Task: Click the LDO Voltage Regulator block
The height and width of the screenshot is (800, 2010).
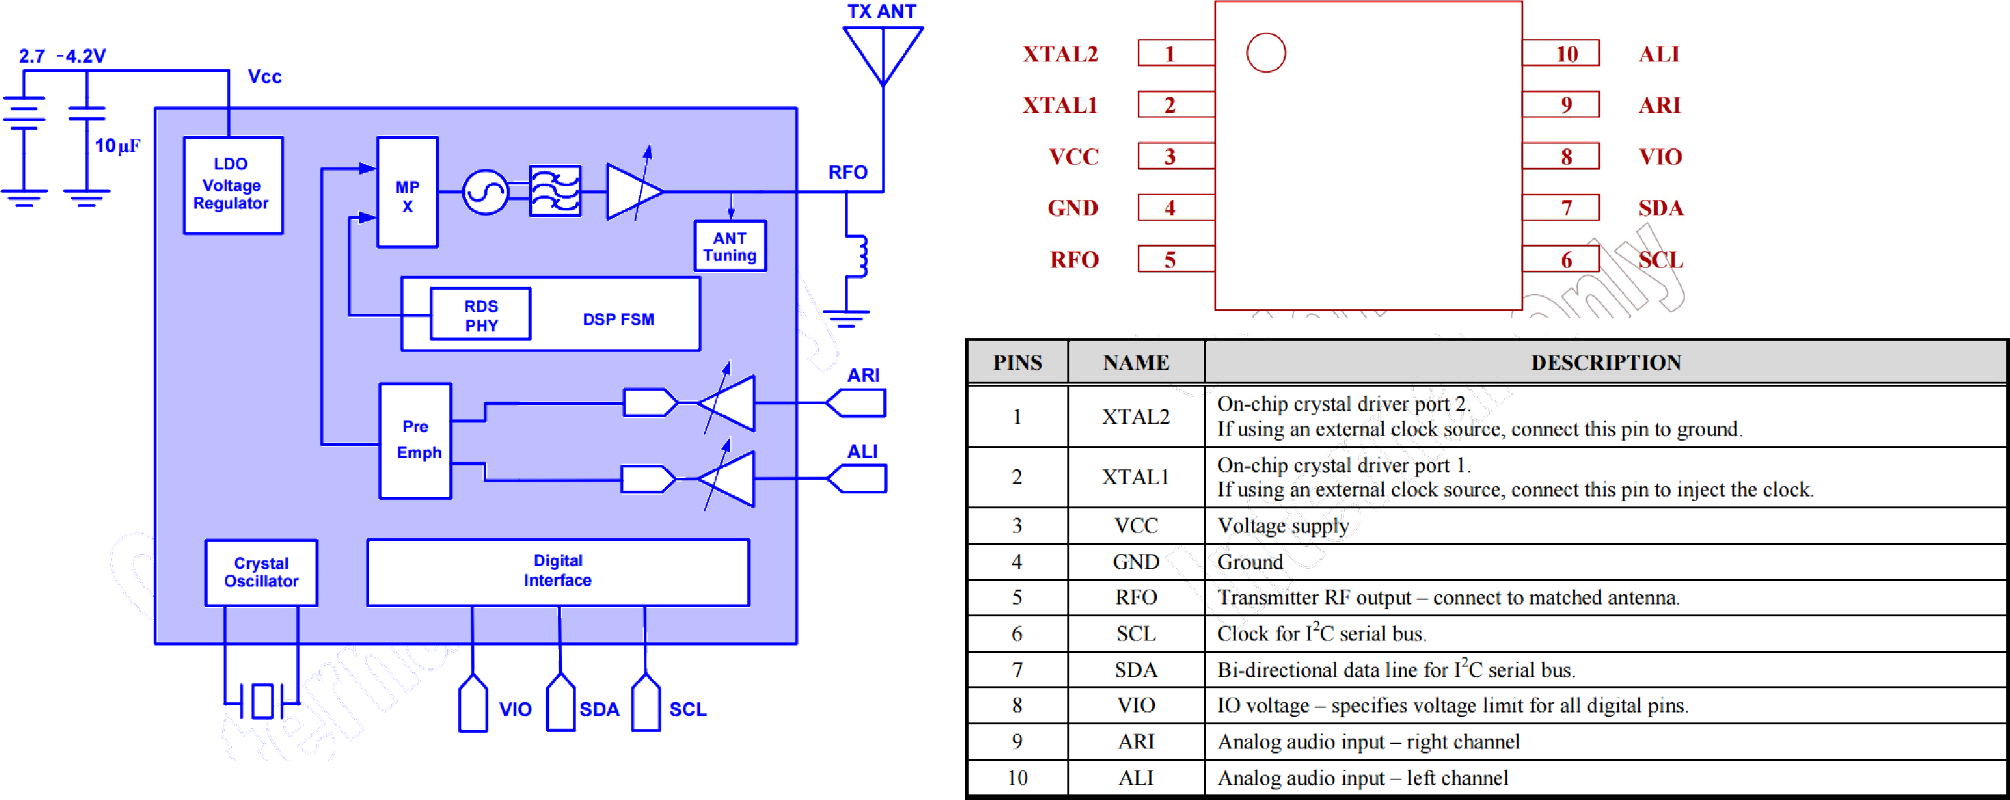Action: point(232,185)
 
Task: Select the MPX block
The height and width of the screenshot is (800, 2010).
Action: point(407,192)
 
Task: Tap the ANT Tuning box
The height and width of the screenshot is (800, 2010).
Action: point(730,246)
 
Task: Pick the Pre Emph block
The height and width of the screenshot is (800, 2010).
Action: point(415,441)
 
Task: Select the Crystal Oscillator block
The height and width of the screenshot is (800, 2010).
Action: point(261,572)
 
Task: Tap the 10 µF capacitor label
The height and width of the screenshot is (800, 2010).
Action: point(117,146)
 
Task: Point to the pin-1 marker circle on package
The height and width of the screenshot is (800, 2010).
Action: point(1265,53)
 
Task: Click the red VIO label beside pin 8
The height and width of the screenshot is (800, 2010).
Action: point(1660,157)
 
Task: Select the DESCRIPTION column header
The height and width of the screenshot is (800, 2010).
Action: point(1605,362)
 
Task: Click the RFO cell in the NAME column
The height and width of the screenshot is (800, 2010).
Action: point(1135,597)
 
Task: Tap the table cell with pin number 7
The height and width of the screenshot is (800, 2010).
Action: point(1016,670)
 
